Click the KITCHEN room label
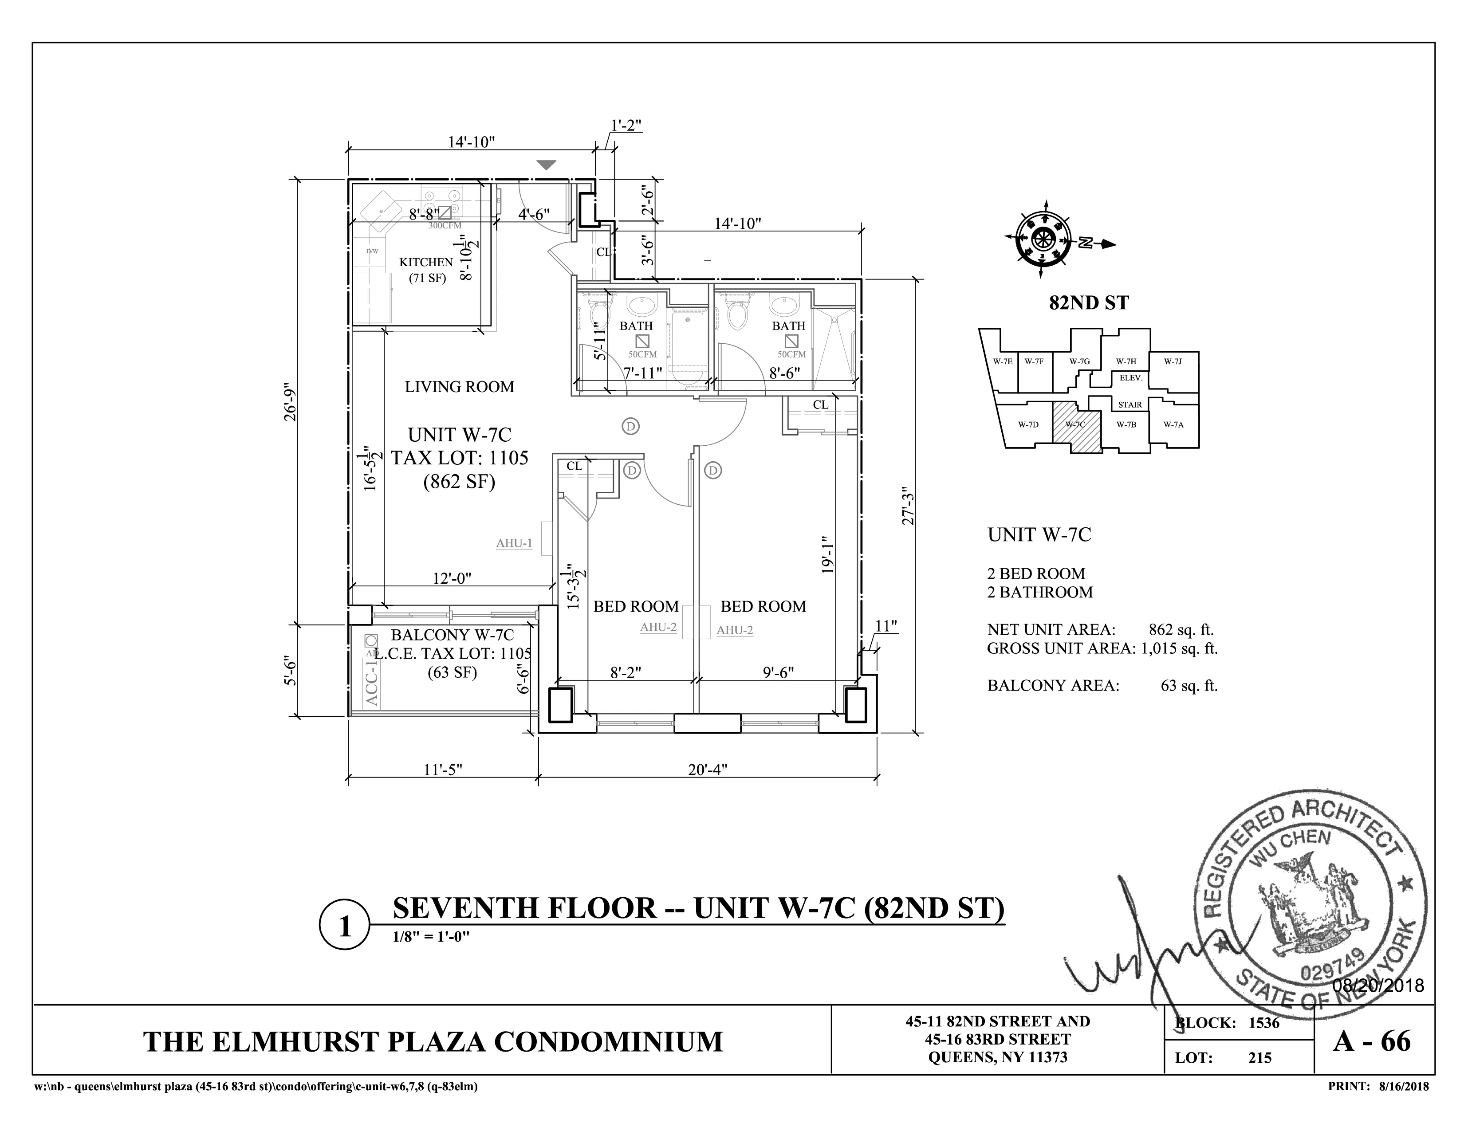[x=426, y=262]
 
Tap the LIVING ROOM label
[x=459, y=387]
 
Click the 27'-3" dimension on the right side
[x=908, y=506]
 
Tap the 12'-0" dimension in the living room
[x=452, y=577]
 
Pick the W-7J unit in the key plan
[x=1173, y=361]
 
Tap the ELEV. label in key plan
[x=1130, y=378]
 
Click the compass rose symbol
[x=1043, y=238]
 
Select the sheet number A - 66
[x=1372, y=1041]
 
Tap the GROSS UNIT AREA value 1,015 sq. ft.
[x=1179, y=648]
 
